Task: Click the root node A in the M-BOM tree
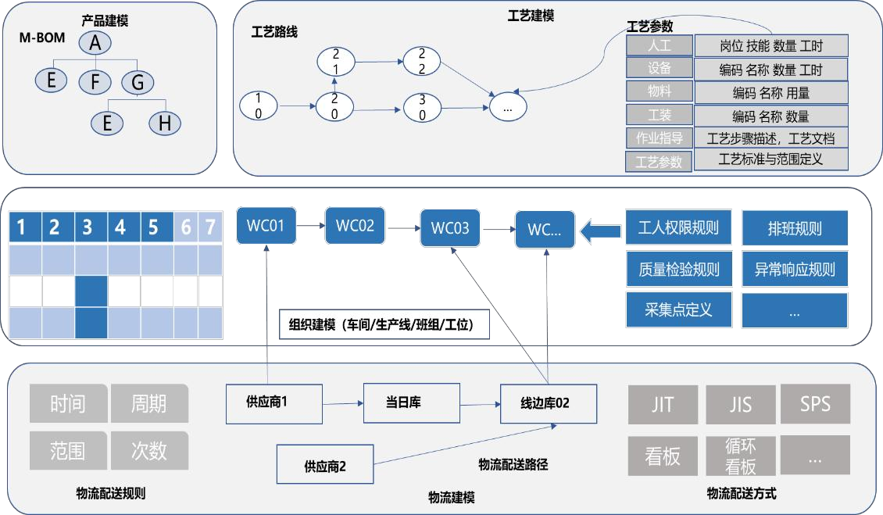(95, 45)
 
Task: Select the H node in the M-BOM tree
(164, 122)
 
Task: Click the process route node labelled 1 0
(259, 104)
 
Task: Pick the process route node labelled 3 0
(422, 106)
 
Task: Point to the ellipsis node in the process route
(507, 108)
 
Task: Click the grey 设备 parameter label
(659, 69)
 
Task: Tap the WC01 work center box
(266, 227)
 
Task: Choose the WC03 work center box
(450, 228)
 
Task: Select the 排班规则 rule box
(794, 230)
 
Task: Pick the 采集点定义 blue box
(678, 309)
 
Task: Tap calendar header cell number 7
(210, 227)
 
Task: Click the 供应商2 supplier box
(325, 467)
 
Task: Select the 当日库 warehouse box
(403, 403)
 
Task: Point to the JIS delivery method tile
(740, 405)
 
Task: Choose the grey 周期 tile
(149, 403)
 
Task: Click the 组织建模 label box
(384, 324)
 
